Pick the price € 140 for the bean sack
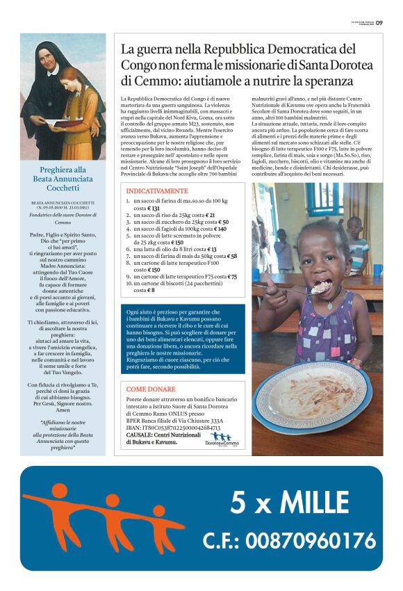coord(220,229)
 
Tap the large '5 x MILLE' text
coord(289,502)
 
